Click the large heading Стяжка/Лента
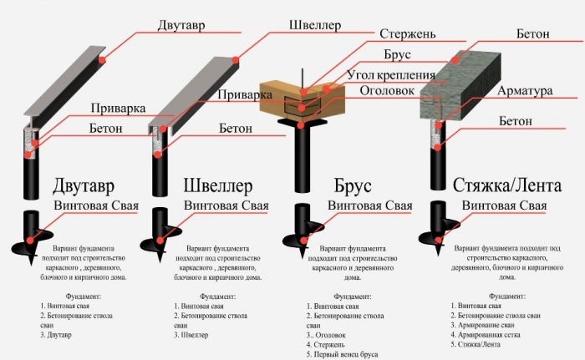pyautogui.click(x=506, y=185)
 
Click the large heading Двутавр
pyautogui.click(x=89, y=185)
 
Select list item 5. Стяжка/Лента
pyautogui.click(x=477, y=342)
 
